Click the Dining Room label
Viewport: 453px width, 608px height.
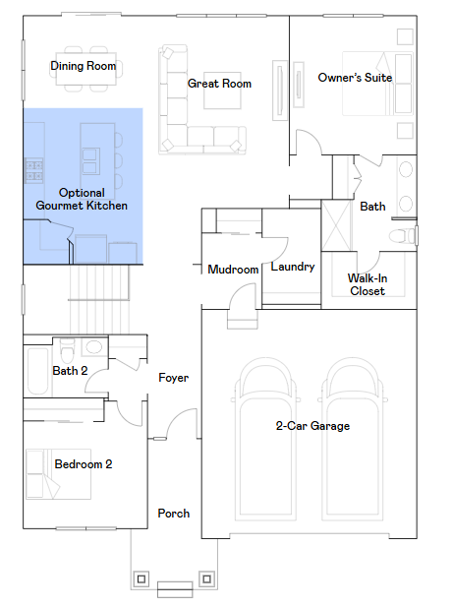pyautogui.click(x=84, y=66)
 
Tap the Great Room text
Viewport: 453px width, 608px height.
pyautogui.click(x=219, y=84)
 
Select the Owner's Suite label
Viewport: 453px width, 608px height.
pyautogui.click(x=355, y=78)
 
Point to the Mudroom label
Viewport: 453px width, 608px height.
pyautogui.click(x=233, y=270)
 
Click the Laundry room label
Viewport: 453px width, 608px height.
pyautogui.click(x=293, y=267)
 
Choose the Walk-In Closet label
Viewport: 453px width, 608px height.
pyautogui.click(x=368, y=284)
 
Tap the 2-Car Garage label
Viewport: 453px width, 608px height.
pyautogui.click(x=312, y=426)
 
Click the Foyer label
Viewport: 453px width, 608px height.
pyautogui.click(x=174, y=378)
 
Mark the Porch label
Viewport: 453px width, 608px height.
pyautogui.click(x=174, y=514)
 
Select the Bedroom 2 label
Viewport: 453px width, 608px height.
pyautogui.click(x=84, y=464)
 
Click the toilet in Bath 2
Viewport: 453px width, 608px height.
pyautogui.click(x=68, y=350)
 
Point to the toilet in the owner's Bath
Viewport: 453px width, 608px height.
pyautogui.click(x=403, y=236)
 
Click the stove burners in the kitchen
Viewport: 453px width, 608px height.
pyautogui.click(x=34, y=170)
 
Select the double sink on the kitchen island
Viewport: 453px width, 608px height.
pyautogui.click(x=91, y=161)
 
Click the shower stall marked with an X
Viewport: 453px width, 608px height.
pyautogui.click(x=337, y=225)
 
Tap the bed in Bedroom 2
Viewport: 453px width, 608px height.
pyautogui.click(x=58, y=474)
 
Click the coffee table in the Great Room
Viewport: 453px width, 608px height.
pyautogui.click(x=222, y=91)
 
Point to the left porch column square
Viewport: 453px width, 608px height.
pyautogui.click(x=142, y=579)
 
